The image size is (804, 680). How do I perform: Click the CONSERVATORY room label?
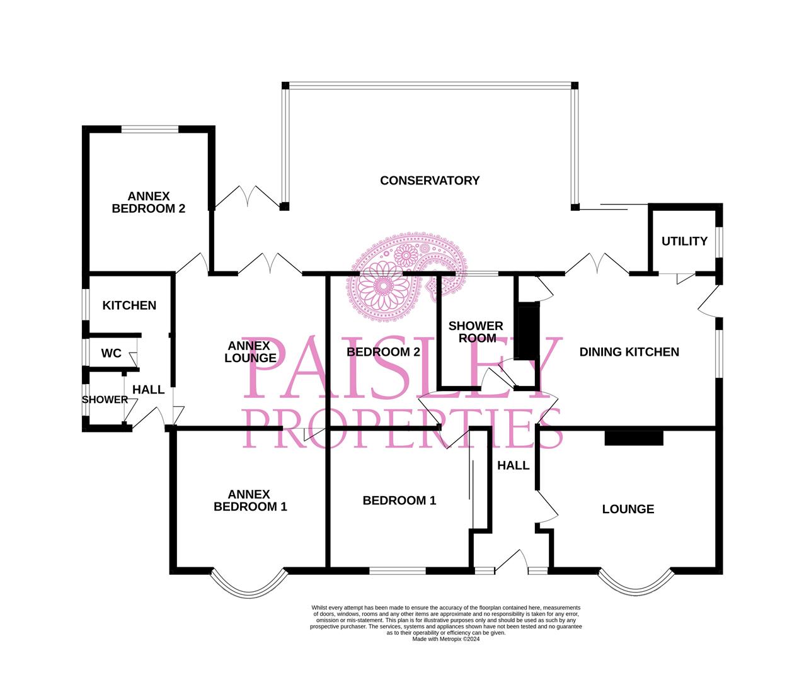[430, 181]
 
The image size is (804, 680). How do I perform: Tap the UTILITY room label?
[684, 241]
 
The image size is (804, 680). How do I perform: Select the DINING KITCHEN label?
[629, 352]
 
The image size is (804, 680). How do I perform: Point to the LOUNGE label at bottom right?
[628, 509]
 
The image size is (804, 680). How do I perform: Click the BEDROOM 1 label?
[399, 501]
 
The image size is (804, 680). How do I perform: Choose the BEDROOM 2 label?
[383, 352]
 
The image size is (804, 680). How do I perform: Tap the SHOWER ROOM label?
[476, 332]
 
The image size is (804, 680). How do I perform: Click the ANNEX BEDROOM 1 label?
[250, 501]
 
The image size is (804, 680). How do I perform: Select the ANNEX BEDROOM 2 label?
[148, 202]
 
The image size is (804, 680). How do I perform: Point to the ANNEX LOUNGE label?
[250, 352]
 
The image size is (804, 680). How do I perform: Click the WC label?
[112, 353]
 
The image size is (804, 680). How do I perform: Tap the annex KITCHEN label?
[129, 305]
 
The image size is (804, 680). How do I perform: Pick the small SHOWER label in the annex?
[105, 400]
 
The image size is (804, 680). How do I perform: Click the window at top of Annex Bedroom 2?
[149, 130]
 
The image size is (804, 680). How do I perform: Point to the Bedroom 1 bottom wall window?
[398, 571]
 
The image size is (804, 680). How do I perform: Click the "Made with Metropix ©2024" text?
[446, 639]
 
